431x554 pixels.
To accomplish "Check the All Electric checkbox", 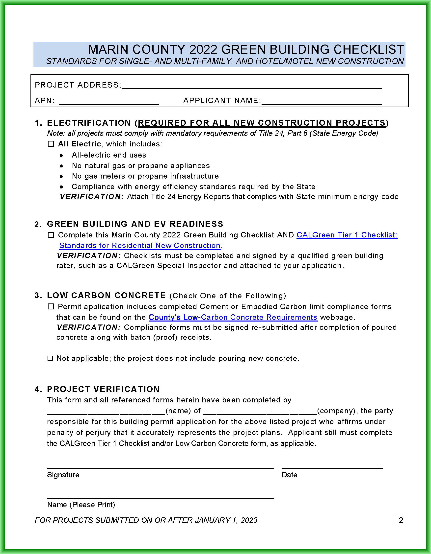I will point(51,144).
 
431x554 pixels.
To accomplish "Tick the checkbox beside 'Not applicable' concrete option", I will point(50,358).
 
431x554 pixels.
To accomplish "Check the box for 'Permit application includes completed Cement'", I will point(51,306).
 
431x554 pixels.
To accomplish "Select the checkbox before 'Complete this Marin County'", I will point(51,235).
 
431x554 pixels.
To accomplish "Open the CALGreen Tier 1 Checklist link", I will point(347,235).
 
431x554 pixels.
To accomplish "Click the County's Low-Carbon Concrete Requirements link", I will point(233,317).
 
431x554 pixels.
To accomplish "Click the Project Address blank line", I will point(252,86).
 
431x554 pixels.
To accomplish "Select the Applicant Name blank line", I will point(322,102).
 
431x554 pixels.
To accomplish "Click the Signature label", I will point(63,475).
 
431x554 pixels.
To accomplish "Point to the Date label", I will point(289,475).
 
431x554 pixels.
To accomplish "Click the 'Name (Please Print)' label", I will point(81,505).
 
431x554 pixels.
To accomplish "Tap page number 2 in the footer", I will point(401,520).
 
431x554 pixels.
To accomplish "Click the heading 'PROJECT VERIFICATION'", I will point(103,389).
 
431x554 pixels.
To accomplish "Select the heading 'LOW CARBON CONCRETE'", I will point(106,296).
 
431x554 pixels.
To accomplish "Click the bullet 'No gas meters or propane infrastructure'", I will point(145,176).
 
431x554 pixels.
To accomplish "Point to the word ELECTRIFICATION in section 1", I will point(89,123).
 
